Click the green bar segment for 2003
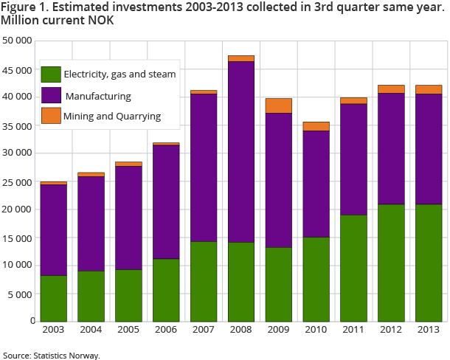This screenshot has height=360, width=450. [53, 298]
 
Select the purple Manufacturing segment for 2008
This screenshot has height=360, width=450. [241, 151]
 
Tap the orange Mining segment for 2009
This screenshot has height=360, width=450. [278, 105]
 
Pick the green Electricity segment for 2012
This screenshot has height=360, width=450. [392, 262]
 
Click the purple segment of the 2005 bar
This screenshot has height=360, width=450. [128, 218]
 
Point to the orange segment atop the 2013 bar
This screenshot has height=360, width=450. [429, 89]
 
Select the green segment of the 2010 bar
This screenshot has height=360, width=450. [316, 279]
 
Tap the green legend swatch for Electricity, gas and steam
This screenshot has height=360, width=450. [51, 74]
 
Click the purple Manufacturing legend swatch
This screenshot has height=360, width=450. [51, 95]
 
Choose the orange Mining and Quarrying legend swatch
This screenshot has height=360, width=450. [51, 116]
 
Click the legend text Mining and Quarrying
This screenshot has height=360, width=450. [112, 117]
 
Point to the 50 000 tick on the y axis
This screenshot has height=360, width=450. [18, 41]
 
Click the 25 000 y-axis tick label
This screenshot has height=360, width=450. [18, 181]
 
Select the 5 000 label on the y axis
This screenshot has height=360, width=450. [21, 294]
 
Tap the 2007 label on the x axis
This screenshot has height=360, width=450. [204, 330]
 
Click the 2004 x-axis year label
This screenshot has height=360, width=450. [91, 330]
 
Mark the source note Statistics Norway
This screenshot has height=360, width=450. [51, 356]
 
